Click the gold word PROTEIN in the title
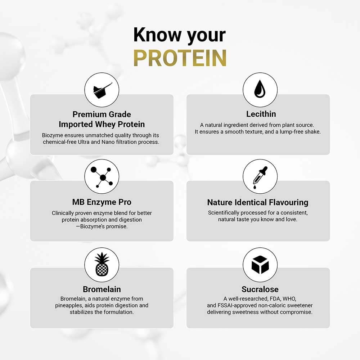180,58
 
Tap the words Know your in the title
180,35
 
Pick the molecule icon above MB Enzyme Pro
102,176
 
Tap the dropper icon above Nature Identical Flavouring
260,176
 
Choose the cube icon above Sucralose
260,265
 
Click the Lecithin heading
261,114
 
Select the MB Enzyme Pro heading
102,202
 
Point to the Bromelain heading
102,289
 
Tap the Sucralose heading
260,289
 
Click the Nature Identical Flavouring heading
258,202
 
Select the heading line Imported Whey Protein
102,125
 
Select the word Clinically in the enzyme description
64,213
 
